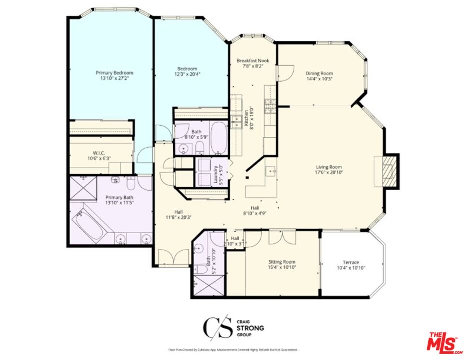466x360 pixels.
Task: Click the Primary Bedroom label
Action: (x=114, y=73)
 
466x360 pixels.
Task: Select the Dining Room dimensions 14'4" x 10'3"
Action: (x=319, y=79)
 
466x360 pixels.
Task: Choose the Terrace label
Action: (x=351, y=262)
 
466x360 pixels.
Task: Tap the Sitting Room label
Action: (x=282, y=262)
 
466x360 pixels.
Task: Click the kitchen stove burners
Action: (x=270, y=105)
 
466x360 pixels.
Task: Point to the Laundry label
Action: (x=216, y=174)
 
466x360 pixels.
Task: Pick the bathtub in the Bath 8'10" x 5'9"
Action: (x=219, y=137)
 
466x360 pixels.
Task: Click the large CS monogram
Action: (x=217, y=328)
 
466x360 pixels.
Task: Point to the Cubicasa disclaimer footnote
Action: (x=233, y=350)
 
